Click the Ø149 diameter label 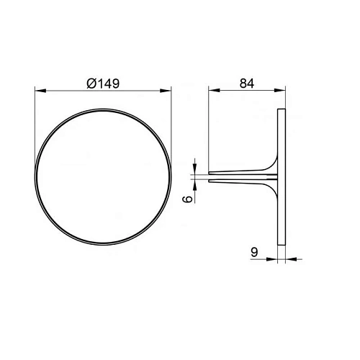click(103, 84)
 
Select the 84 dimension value click(247, 84)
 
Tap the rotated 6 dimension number click(188, 199)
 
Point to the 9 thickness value click(254, 252)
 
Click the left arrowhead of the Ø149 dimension click(40, 91)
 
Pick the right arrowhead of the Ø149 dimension click(166, 91)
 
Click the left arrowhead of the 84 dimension click(214, 90)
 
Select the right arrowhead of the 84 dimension click(280, 90)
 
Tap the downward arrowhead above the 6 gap click(194, 168)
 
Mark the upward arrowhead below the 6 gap click(194, 186)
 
